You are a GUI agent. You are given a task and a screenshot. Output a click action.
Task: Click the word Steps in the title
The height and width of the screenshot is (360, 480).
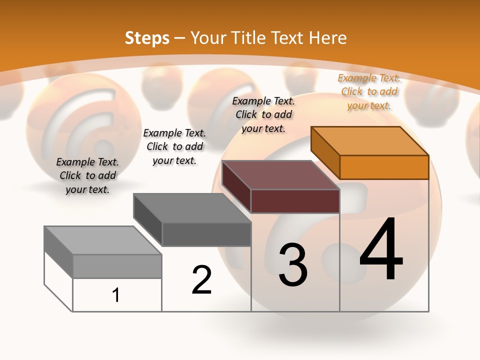(147, 38)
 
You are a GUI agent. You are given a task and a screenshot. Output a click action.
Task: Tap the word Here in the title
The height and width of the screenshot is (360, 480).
(327, 38)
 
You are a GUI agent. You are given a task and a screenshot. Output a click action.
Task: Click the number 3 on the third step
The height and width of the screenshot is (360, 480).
(293, 265)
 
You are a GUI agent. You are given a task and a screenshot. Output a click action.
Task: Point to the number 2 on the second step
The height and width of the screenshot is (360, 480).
(202, 280)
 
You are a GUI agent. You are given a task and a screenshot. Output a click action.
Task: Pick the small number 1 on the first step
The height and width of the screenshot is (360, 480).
(116, 295)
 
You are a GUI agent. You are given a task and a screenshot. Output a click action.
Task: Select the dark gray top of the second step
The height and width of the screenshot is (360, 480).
(192, 208)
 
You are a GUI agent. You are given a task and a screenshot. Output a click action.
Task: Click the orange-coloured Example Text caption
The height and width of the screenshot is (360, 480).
(369, 91)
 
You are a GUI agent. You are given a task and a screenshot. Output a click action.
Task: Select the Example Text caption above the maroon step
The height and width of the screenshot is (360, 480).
(263, 114)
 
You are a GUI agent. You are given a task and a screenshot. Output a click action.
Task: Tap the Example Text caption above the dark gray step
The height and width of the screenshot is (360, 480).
(174, 146)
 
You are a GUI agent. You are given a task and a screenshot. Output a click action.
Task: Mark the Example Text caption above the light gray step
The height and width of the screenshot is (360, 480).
(87, 175)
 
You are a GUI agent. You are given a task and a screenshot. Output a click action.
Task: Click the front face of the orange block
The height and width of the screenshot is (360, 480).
(384, 167)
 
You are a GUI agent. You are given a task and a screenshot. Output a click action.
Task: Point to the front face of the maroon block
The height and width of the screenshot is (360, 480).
(295, 201)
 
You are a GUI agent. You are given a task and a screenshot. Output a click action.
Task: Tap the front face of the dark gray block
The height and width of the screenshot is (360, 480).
(206, 234)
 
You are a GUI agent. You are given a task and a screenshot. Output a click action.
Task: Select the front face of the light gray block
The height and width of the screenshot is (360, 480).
(117, 266)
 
